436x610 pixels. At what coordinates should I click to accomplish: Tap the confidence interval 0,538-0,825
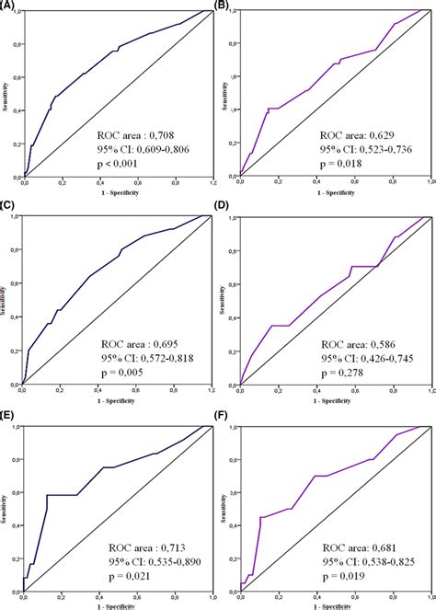pyautogui.click(x=376, y=561)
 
